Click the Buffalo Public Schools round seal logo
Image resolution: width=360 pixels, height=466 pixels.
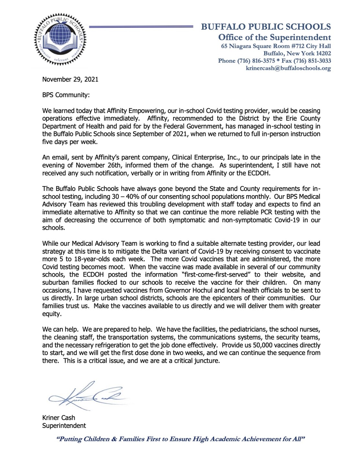60,39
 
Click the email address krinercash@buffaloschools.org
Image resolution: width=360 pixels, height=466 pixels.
288,68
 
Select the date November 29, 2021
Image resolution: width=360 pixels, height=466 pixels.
70,79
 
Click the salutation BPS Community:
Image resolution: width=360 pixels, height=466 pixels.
66,95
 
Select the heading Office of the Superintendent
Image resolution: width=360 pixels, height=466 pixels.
275,37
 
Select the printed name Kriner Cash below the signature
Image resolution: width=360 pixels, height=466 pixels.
59,418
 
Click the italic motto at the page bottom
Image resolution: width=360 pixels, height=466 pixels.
181,439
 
